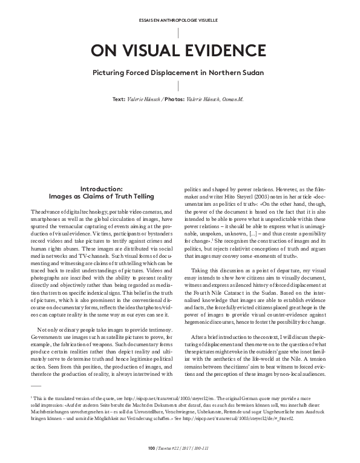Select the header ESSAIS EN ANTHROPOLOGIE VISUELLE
tap(180, 20)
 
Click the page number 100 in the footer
tap(151, 448)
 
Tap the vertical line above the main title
tap(180, 33)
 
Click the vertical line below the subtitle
tap(180, 86)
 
